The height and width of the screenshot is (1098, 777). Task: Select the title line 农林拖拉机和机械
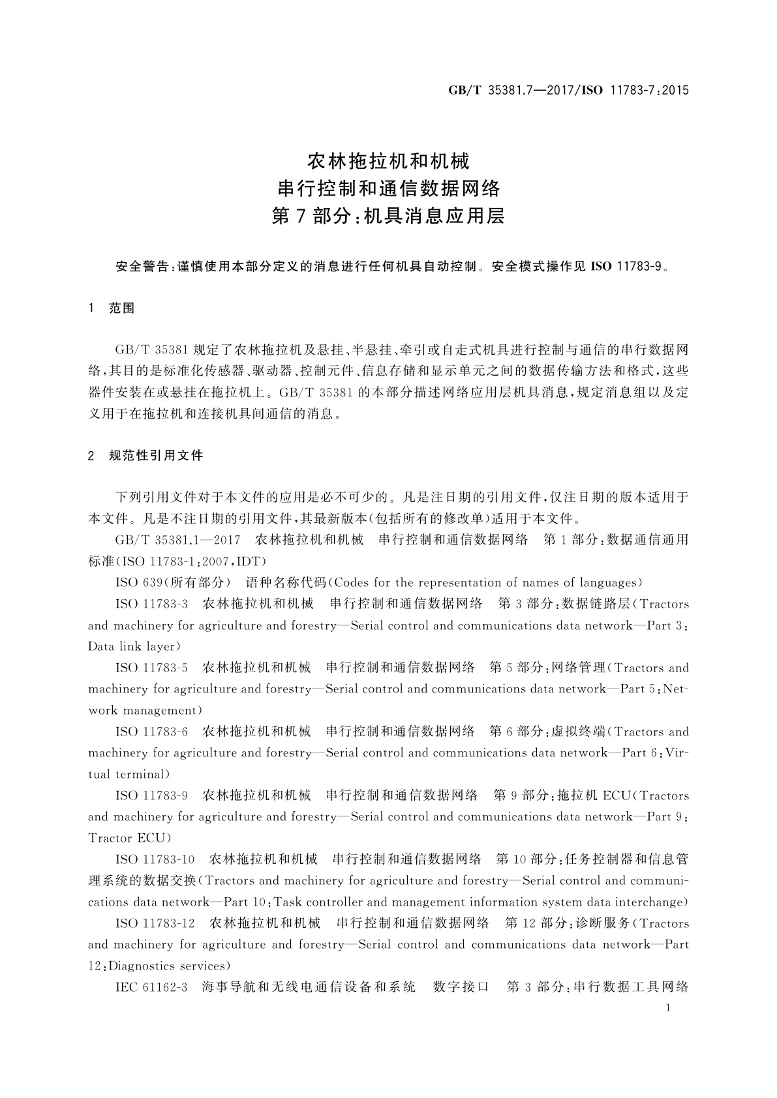[x=388, y=160]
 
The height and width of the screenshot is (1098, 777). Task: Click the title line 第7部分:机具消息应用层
[x=388, y=216]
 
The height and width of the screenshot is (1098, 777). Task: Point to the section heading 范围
[x=122, y=308]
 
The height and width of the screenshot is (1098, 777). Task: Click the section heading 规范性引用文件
[x=157, y=456]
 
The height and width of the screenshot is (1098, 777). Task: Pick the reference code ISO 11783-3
[x=151, y=604]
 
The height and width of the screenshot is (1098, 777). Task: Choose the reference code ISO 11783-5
[x=151, y=668]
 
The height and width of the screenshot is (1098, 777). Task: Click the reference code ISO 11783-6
[x=151, y=732]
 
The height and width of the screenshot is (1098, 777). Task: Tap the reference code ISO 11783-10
[x=155, y=859]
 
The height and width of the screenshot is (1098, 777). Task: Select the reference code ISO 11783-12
[x=155, y=923]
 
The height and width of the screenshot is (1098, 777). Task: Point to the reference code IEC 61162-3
[x=151, y=987]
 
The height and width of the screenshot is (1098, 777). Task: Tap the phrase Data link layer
[x=132, y=647]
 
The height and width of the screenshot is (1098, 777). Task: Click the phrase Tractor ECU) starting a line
[x=129, y=838]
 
